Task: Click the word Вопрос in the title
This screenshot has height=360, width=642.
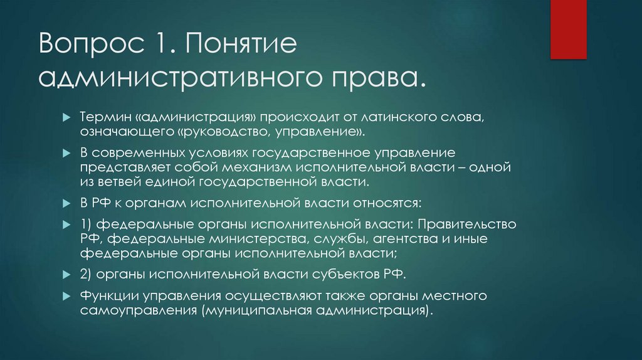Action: [x=82, y=48]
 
